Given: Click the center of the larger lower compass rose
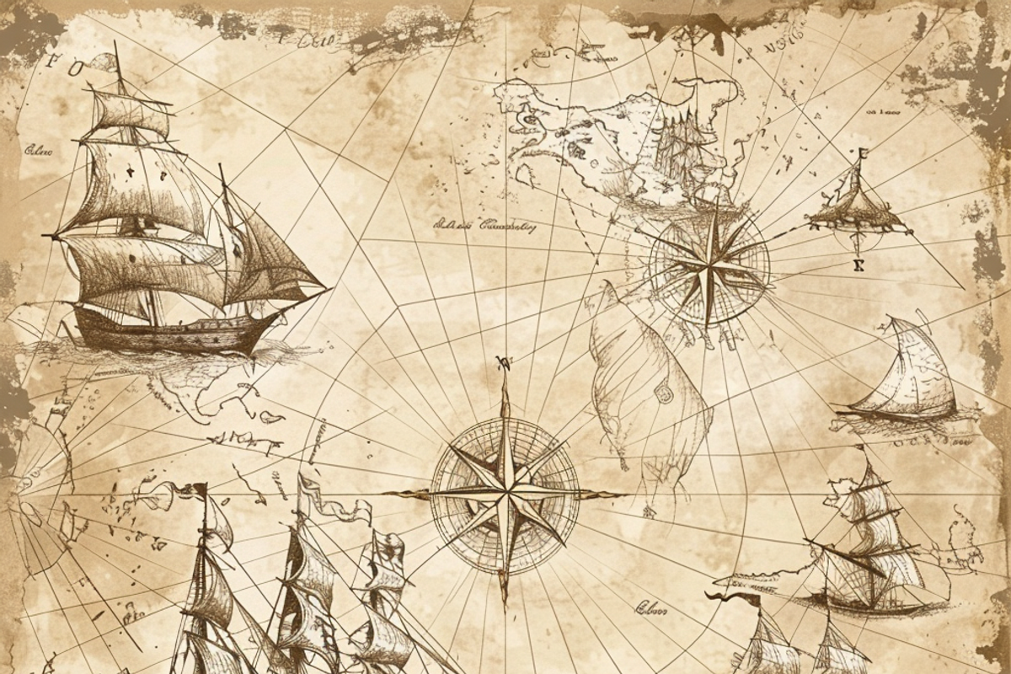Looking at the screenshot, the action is tap(505, 490).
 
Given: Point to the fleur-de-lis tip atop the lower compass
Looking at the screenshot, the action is tap(505, 364).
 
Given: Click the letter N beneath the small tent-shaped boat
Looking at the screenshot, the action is tap(859, 265).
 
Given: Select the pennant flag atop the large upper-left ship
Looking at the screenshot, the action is tap(106, 61).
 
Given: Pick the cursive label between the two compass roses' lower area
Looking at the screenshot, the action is tap(648, 605).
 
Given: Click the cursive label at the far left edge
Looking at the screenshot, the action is tap(37, 152).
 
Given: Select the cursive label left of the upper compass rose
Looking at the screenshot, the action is tap(489, 225).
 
